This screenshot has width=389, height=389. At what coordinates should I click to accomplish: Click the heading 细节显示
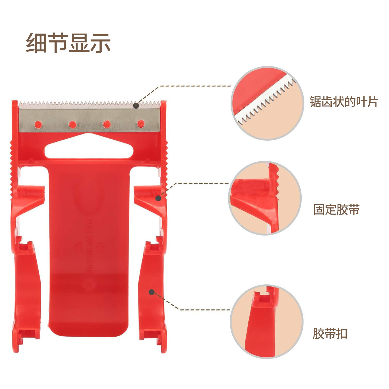68,43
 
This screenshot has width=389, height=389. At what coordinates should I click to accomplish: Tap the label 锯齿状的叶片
344,102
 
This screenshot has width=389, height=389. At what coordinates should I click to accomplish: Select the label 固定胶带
337,209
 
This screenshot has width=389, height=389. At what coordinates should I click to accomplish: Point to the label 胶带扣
330,334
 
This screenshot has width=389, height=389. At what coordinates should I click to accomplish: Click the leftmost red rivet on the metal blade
38,125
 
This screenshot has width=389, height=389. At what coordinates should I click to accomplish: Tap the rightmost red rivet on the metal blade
141,124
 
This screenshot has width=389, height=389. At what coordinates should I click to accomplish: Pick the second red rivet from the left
73,125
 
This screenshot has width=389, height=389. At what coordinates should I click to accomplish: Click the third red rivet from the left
107,124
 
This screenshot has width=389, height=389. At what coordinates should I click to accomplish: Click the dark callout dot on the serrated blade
136,105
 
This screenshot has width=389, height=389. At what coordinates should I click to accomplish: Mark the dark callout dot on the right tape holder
158,198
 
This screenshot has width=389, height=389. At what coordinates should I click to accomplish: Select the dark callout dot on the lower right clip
152,292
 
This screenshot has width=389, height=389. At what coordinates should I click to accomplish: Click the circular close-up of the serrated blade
267,103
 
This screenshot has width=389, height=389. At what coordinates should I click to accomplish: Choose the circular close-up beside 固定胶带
265,198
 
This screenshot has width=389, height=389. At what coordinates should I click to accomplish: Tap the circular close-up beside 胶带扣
266,321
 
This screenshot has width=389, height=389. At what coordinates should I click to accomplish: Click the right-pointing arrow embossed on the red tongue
100,247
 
